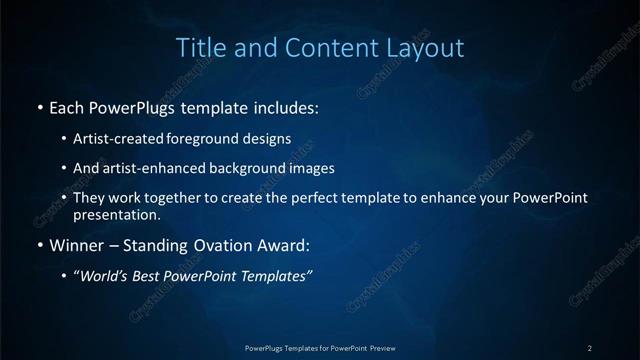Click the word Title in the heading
[x=198, y=47]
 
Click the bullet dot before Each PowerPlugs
[x=39, y=106]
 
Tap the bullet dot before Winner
[x=39, y=245]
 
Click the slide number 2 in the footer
[x=590, y=348]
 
